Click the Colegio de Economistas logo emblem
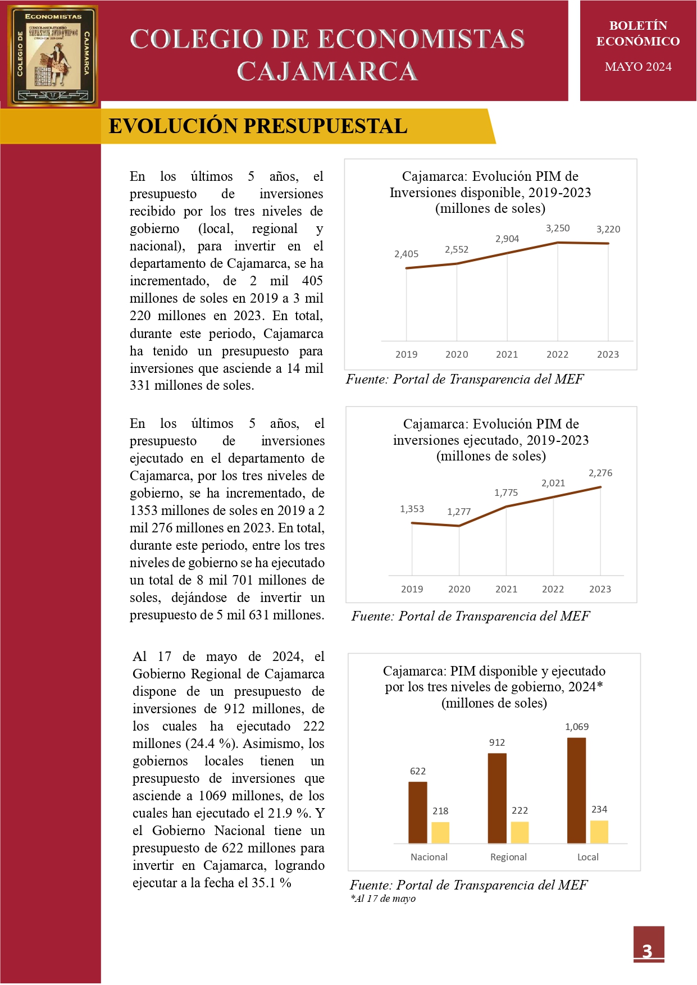(x=53, y=55)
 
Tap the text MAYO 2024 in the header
(x=638, y=67)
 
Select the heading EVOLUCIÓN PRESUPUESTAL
(x=258, y=126)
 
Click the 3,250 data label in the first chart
(x=558, y=228)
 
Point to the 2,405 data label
(x=406, y=254)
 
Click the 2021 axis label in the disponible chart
(x=507, y=354)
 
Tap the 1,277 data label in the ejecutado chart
(x=459, y=512)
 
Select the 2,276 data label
(x=600, y=473)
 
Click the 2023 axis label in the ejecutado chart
(x=600, y=589)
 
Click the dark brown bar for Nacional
(x=417, y=812)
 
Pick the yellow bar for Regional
(x=520, y=832)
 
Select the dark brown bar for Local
(x=576, y=790)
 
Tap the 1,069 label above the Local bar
(x=577, y=727)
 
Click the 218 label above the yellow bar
(x=440, y=811)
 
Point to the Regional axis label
(x=508, y=857)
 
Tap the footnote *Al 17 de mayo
(x=383, y=899)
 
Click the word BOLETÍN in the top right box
(x=638, y=26)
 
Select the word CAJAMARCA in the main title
(x=327, y=71)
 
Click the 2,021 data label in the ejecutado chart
(x=553, y=483)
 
